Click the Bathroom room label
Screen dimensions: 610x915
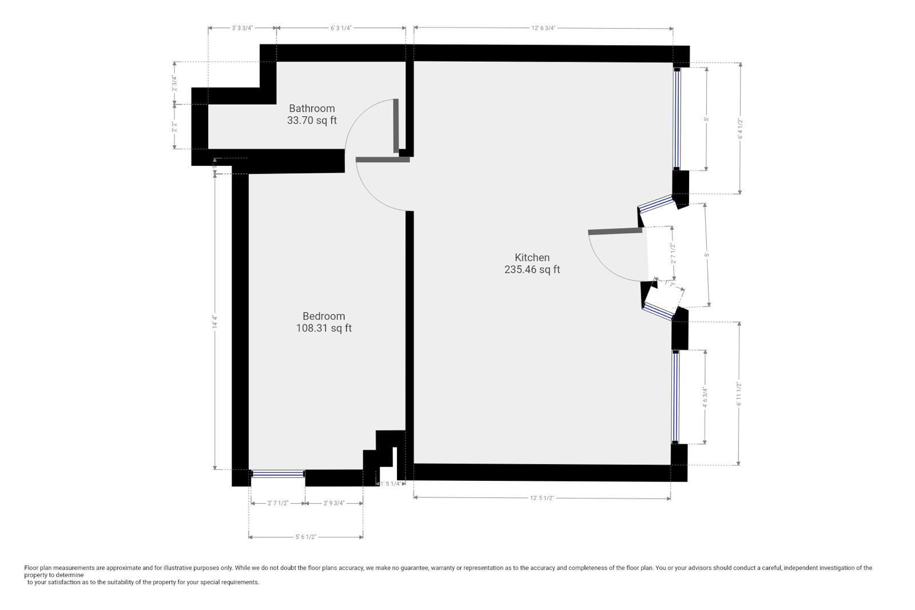click(312, 108)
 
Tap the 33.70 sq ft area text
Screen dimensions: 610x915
click(312, 121)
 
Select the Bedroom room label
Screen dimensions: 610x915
click(324, 316)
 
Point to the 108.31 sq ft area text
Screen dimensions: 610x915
click(324, 328)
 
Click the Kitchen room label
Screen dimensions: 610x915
click(532, 257)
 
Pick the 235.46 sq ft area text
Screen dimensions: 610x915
click(532, 270)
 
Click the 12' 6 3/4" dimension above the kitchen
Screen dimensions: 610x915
click(543, 27)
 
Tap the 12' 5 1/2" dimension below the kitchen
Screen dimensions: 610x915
click(542, 498)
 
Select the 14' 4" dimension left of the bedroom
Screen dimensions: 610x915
click(214, 321)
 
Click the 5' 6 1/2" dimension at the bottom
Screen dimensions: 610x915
click(305, 537)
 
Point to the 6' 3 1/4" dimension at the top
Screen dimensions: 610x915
click(340, 27)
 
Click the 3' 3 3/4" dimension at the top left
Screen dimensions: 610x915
click(242, 27)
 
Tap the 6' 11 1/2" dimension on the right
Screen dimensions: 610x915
click(739, 394)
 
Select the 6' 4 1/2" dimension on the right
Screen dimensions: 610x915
click(739, 129)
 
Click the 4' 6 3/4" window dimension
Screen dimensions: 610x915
click(705, 397)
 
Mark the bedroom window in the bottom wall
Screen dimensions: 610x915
click(278, 473)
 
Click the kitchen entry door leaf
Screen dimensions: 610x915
click(615, 231)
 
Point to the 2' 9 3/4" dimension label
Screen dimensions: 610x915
click(333, 503)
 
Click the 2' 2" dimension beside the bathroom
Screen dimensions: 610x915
click(174, 127)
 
